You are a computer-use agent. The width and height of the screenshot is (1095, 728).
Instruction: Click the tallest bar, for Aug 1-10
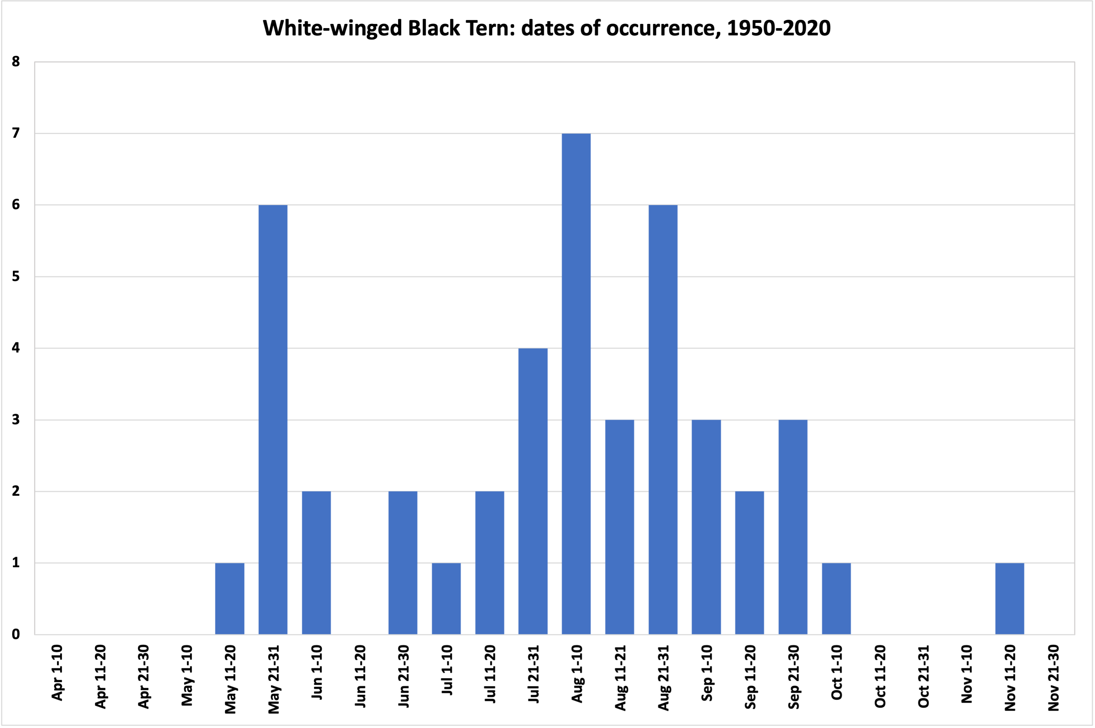click(576, 384)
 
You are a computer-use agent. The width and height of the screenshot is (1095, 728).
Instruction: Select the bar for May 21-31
click(273, 419)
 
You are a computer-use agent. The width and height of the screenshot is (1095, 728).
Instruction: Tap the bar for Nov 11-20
click(1010, 599)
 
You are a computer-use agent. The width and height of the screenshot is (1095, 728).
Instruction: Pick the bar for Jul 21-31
click(533, 491)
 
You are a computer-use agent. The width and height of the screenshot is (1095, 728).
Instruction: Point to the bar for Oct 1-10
click(836, 599)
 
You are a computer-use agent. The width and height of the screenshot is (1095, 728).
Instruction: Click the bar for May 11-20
click(230, 599)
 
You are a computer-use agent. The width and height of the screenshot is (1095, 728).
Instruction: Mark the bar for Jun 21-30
click(403, 563)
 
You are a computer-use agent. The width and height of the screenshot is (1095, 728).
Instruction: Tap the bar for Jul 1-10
click(446, 599)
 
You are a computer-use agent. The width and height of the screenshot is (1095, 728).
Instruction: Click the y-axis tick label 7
click(16, 133)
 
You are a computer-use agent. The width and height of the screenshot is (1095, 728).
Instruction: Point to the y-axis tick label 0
click(16, 634)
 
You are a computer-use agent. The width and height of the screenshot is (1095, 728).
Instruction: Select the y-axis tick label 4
click(16, 348)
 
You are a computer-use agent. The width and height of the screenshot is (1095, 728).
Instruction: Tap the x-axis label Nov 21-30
click(1053, 677)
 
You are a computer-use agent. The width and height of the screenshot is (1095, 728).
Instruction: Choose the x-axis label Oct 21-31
click(923, 676)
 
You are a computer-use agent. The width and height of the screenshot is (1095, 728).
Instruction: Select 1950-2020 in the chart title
click(779, 28)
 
